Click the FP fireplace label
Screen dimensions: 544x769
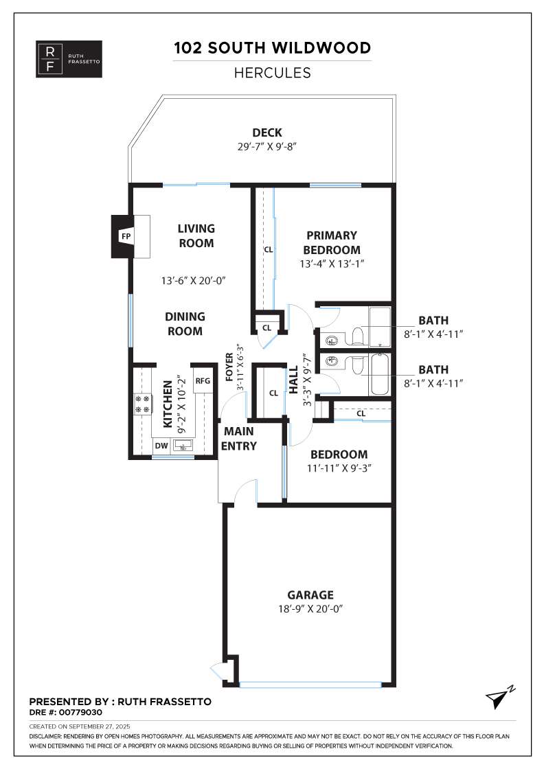click(x=126, y=236)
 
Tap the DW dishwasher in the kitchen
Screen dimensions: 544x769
click(x=161, y=446)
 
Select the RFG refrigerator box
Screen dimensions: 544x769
click(x=203, y=380)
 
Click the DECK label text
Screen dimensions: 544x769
click(x=267, y=133)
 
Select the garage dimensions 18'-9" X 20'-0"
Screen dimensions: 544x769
click(x=310, y=608)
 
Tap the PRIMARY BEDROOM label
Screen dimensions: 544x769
click(x=332, y=243)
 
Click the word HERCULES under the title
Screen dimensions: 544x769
click(x=272, y=73)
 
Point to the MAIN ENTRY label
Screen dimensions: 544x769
click(x=239, y=439)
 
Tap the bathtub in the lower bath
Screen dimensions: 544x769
click(x=379, y=375)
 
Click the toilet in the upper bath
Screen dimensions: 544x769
click(x=357, y=336)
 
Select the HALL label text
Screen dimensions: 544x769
click(x=293, y=380)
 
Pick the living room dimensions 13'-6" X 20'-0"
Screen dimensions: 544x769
click(x=193, y=281)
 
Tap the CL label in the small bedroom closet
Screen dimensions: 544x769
click(x=361, y=413)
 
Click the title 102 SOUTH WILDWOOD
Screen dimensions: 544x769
click(x=272, y=48)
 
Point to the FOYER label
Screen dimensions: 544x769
click(x=229, y=367)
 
